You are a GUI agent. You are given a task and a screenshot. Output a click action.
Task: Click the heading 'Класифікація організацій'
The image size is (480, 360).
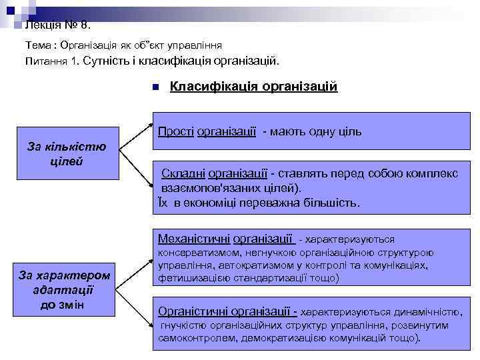[254, 87]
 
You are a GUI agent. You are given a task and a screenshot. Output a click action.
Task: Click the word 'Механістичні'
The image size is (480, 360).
[195, 238]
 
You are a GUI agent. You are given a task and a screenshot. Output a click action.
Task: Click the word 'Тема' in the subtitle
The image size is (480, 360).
[37, 45]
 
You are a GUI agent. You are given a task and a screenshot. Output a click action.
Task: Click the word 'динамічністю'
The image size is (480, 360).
[421, 312]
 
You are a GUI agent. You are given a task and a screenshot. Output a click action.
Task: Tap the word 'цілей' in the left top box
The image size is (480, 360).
[67, 162]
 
